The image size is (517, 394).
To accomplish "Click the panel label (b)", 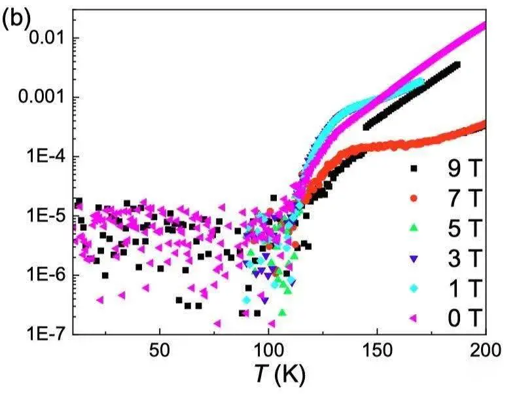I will (16, 20).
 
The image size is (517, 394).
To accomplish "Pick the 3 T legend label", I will (461, 259).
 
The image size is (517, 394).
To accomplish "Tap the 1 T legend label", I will (461, 289).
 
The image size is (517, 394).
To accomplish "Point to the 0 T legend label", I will (461, 319).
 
